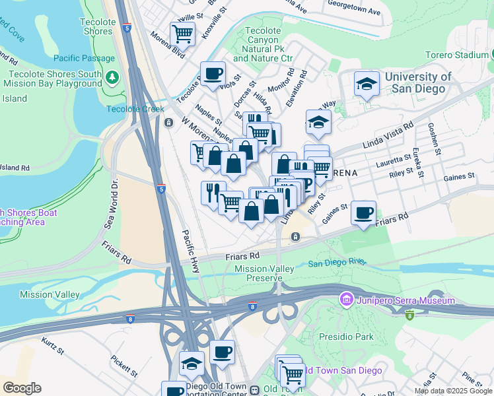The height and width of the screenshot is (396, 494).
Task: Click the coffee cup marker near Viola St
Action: [213, 74]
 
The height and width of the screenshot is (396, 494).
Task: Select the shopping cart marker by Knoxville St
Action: [182, 33]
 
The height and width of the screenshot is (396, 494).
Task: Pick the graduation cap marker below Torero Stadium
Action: [367, 84]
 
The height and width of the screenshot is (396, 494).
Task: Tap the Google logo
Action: [22, 388]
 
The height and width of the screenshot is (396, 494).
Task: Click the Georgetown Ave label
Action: [355, 12]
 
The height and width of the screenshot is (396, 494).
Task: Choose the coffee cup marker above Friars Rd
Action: [363, 213]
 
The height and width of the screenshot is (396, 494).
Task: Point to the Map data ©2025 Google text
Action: [452, 391]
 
